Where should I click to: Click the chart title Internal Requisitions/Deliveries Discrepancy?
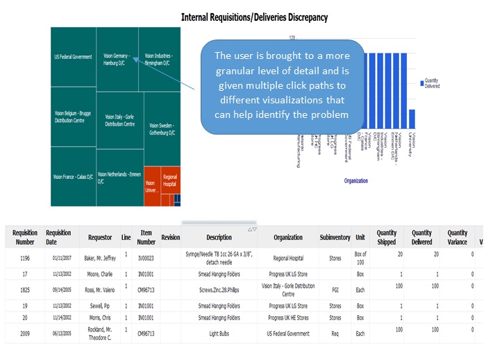tap(253, 17)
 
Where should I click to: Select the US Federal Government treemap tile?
tap(73, 57)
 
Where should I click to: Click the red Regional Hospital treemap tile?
tap(170, 181)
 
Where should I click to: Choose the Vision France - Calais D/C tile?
tap(73, 177)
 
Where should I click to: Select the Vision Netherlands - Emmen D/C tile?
tap(119, 177)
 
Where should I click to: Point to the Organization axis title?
tap(355, 180)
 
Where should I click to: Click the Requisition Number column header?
tap(25, 237)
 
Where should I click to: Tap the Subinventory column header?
tap(335, 237)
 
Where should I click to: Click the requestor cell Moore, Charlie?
tap(100, 273)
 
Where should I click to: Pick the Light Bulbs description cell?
tap(219, 334)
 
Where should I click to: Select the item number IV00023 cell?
tap(146, 258)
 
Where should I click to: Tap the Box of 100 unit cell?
tap(360, 258)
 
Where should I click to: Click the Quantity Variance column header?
tap(457, 237)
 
